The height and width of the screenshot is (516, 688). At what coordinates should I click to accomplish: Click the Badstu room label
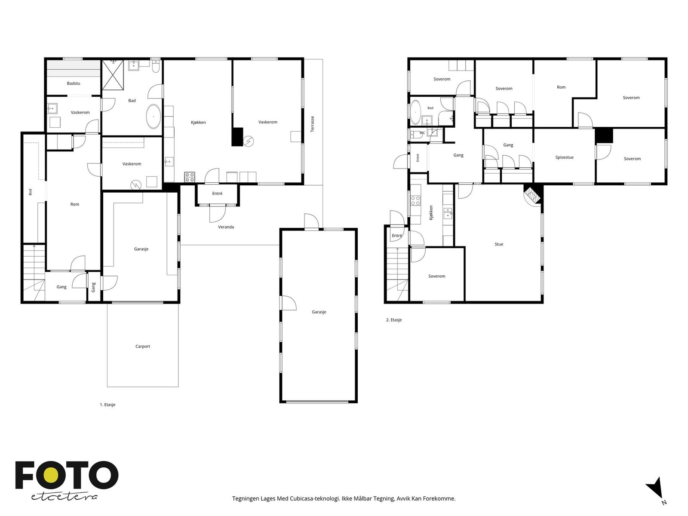[74, 83]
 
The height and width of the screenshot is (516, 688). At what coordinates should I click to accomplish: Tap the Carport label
[143, 346]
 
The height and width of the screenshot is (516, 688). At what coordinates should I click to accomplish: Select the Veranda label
[226, 227]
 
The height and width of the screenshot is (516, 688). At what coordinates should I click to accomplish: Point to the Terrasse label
[312, 124]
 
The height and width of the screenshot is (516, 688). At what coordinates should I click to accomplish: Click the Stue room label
[499, 244]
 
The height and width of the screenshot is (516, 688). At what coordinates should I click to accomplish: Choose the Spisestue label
[564, 157]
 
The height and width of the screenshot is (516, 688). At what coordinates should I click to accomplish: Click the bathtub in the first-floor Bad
[154, 116]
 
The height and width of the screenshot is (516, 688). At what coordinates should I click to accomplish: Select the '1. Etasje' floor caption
[107, 405]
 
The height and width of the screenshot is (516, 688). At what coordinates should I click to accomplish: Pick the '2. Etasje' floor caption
[394, 320]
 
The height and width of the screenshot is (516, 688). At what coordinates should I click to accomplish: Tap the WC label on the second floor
[422, 133]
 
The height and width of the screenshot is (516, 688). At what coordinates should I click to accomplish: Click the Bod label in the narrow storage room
[31, 192]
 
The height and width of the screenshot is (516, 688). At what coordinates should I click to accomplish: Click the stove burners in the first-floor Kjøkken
[190, 177]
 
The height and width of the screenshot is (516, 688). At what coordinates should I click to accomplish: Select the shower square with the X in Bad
[113, 75]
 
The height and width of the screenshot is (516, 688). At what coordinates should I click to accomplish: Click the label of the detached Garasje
[319, 312]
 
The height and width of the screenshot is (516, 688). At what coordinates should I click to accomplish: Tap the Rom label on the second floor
[561, 87]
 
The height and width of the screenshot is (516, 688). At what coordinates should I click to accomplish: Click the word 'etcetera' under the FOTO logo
[64, 497]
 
